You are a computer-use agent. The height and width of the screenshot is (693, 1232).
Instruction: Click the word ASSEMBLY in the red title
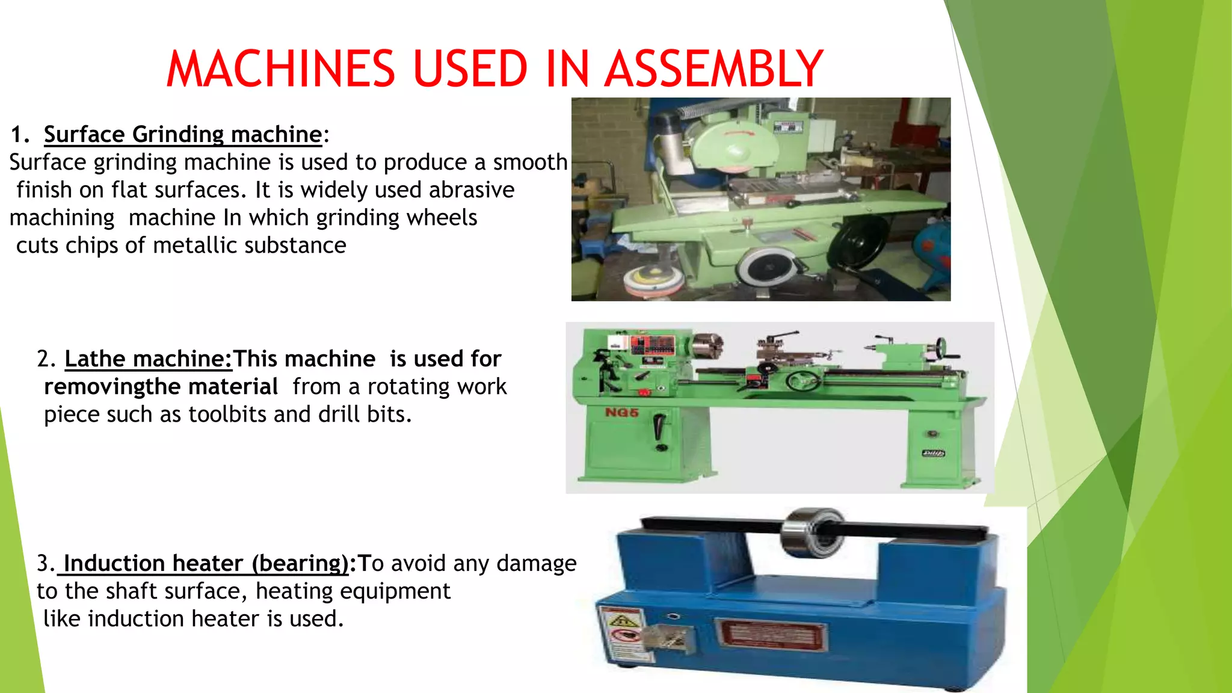(x=713, y=69)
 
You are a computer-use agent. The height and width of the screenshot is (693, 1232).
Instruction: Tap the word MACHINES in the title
(x=280, y=69)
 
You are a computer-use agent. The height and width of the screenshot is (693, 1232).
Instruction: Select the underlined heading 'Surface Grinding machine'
(x=183, y=134)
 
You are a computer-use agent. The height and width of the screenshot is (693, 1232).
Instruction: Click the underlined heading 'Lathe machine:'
(x=148, y=359)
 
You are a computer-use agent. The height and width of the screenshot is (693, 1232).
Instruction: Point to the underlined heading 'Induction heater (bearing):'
(x=206, y=563)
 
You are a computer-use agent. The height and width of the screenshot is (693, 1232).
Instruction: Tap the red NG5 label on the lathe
(x=621, y=413)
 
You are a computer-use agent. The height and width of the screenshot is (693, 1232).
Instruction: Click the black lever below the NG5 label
(x=660, y=430)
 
